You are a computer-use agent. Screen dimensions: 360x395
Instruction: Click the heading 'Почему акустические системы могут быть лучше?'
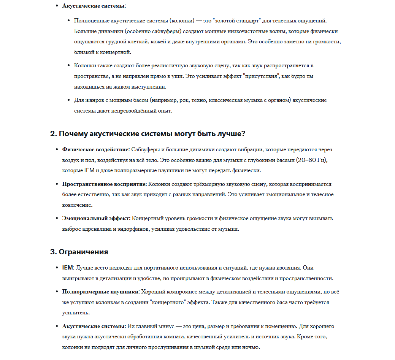(148, 134)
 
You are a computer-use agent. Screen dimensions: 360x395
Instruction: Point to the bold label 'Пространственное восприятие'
(104, 184)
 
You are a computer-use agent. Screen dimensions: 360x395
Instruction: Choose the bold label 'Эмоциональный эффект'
(96, 219)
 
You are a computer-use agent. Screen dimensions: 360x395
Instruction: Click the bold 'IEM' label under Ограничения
(68, 268)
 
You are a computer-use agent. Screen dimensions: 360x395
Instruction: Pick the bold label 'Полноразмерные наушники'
(101, 292)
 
